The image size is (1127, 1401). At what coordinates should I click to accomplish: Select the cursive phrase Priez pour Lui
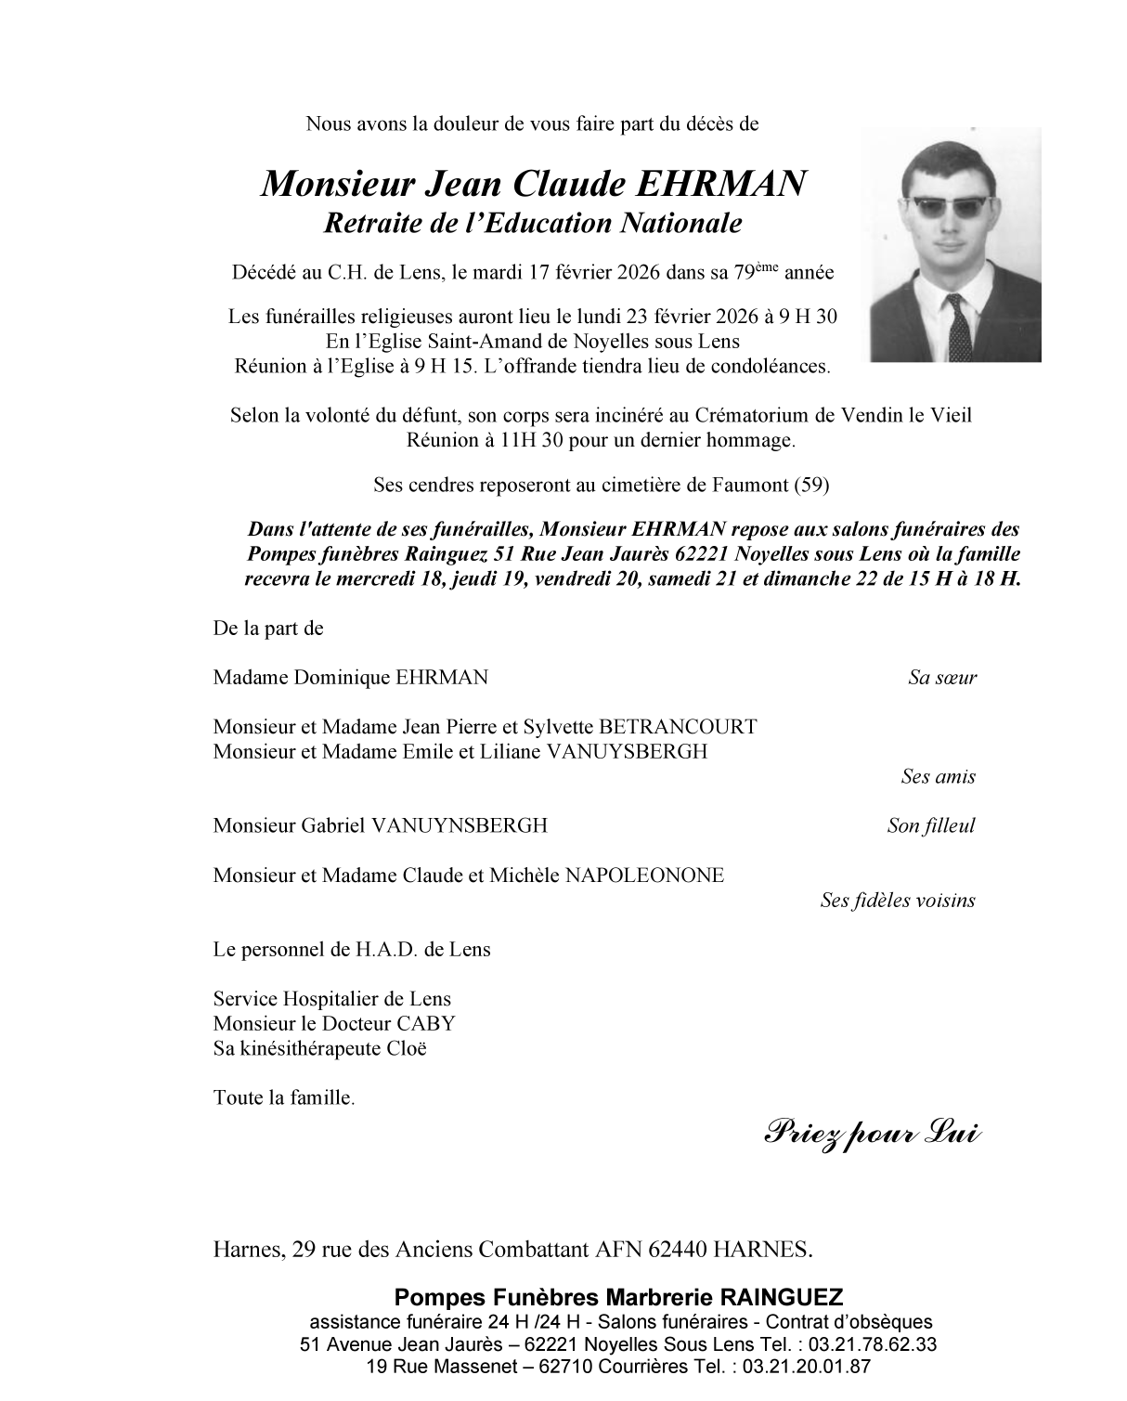coord(871,1133)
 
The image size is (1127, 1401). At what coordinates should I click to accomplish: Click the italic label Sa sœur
coord(942,678)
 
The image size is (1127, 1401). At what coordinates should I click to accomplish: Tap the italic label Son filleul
coord(931,825)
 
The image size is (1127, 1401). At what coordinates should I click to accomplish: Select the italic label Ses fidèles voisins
coord(898,900)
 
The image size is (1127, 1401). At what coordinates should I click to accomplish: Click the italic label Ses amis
coord(938,776)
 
